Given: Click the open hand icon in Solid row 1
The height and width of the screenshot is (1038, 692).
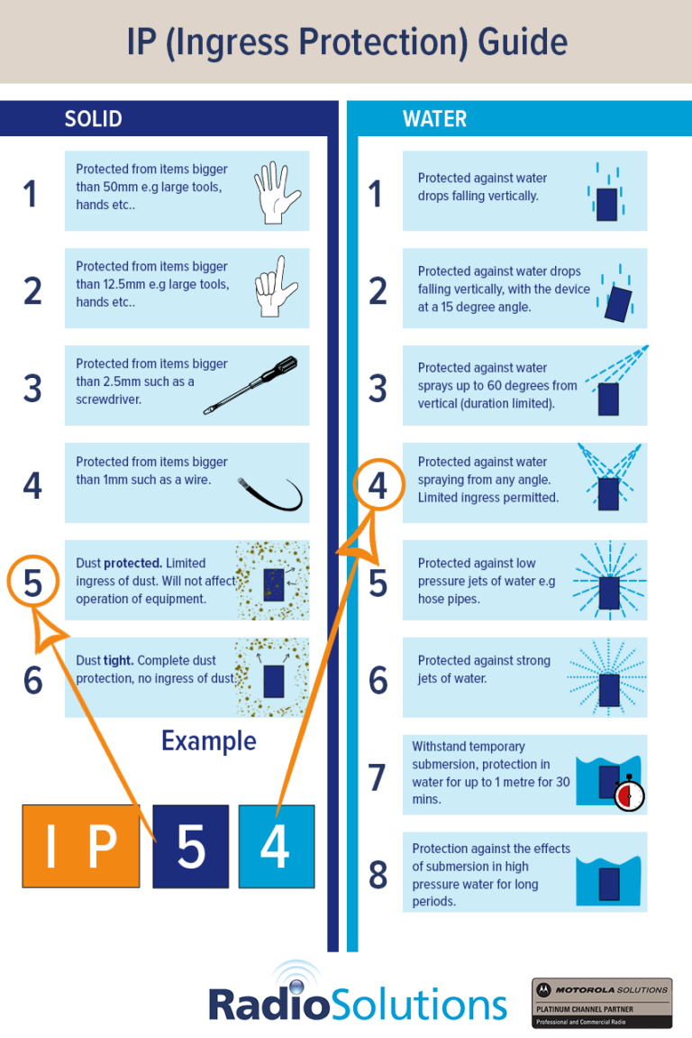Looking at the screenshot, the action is click(278, 193).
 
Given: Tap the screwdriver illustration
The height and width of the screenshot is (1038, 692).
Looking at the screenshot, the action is click(250, 385).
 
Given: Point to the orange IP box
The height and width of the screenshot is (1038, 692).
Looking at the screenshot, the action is click(81, 846).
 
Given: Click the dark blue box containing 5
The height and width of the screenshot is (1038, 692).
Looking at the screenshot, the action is click(190, 846).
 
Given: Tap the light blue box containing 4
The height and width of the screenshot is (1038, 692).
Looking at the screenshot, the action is click(277, 846).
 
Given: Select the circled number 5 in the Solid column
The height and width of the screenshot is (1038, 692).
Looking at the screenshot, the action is click(33, 582).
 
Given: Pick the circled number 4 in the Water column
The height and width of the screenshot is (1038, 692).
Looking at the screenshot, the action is click(378, 485).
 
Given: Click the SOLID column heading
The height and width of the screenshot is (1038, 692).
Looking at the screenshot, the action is click(94, 119).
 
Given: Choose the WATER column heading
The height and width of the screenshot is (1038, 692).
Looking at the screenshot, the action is click(434, 119).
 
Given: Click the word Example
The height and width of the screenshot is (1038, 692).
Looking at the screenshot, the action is click(209, 741).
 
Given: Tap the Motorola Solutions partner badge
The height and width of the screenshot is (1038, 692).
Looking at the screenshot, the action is click(602, 1003).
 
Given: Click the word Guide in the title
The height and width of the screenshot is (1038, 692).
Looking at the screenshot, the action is click(523, 41).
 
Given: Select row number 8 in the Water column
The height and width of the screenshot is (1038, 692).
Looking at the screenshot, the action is click(378, 875).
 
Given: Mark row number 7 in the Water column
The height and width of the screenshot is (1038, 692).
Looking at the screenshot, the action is click(378, 777).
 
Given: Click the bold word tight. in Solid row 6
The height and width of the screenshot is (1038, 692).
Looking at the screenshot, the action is click(118, 661).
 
